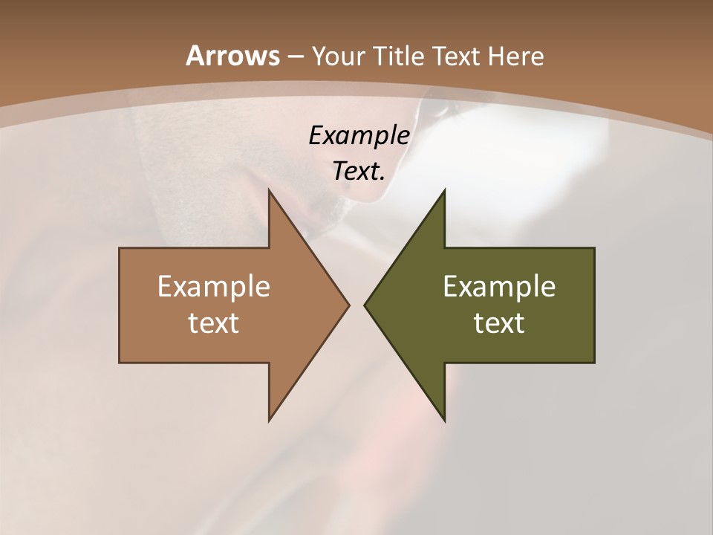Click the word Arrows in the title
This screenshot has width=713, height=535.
click(x=232, y=56)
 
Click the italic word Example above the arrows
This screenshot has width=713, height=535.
click(x=359, y=136)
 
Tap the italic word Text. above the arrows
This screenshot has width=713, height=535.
click(x=359, y=172)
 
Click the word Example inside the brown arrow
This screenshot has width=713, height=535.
click(x=213, y=287)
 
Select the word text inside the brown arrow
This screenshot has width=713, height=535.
click(x=213, y=323)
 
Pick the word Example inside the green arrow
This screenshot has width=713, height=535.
click(x=499, y=287)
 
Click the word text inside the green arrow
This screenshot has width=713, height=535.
click(x=499, y=323)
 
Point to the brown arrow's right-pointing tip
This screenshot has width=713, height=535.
click(x=348, y=305)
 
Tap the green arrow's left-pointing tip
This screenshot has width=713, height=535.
click(x=365, y=305)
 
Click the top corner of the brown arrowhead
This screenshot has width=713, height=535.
click(x=269, y=190)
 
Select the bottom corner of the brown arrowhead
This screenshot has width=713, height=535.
click(x=269, y=420)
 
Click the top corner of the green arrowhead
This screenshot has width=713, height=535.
click(x=444, y=190)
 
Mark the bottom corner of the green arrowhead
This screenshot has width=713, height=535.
click(x=444, y=420)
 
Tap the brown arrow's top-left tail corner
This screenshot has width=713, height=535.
click(x=120, y=249)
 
